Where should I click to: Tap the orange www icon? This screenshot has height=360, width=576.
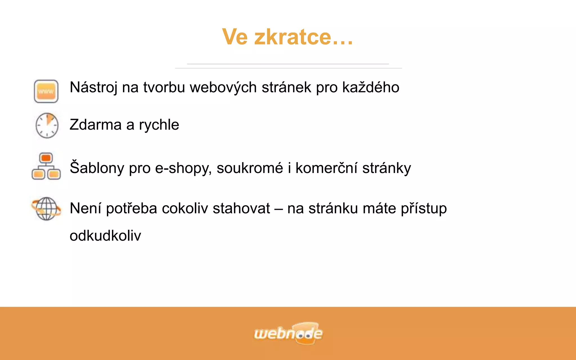click(x=46, y=91)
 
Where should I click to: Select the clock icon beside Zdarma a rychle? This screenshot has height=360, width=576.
click(x=47, y=125)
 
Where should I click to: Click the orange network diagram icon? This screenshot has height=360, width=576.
click(x=46, y=166)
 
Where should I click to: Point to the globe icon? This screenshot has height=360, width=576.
click(x=46, y=208)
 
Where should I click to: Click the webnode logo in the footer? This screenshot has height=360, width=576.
click(x=288, y=333)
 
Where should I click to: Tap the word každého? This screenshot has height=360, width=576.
click(x=371, y=87)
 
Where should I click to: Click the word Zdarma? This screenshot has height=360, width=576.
click(x=95, y=125)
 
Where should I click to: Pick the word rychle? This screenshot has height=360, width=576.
click(x=159, y=125)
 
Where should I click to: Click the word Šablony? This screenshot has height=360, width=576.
click(x=97, y=168)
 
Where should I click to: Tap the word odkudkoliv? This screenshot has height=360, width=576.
click(x=105, y=236)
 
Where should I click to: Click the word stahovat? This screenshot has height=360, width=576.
click(x=241, y=209)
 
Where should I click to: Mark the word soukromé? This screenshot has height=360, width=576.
click(x=250, y=168)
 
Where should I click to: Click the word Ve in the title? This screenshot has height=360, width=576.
click(x=235, y=37)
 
